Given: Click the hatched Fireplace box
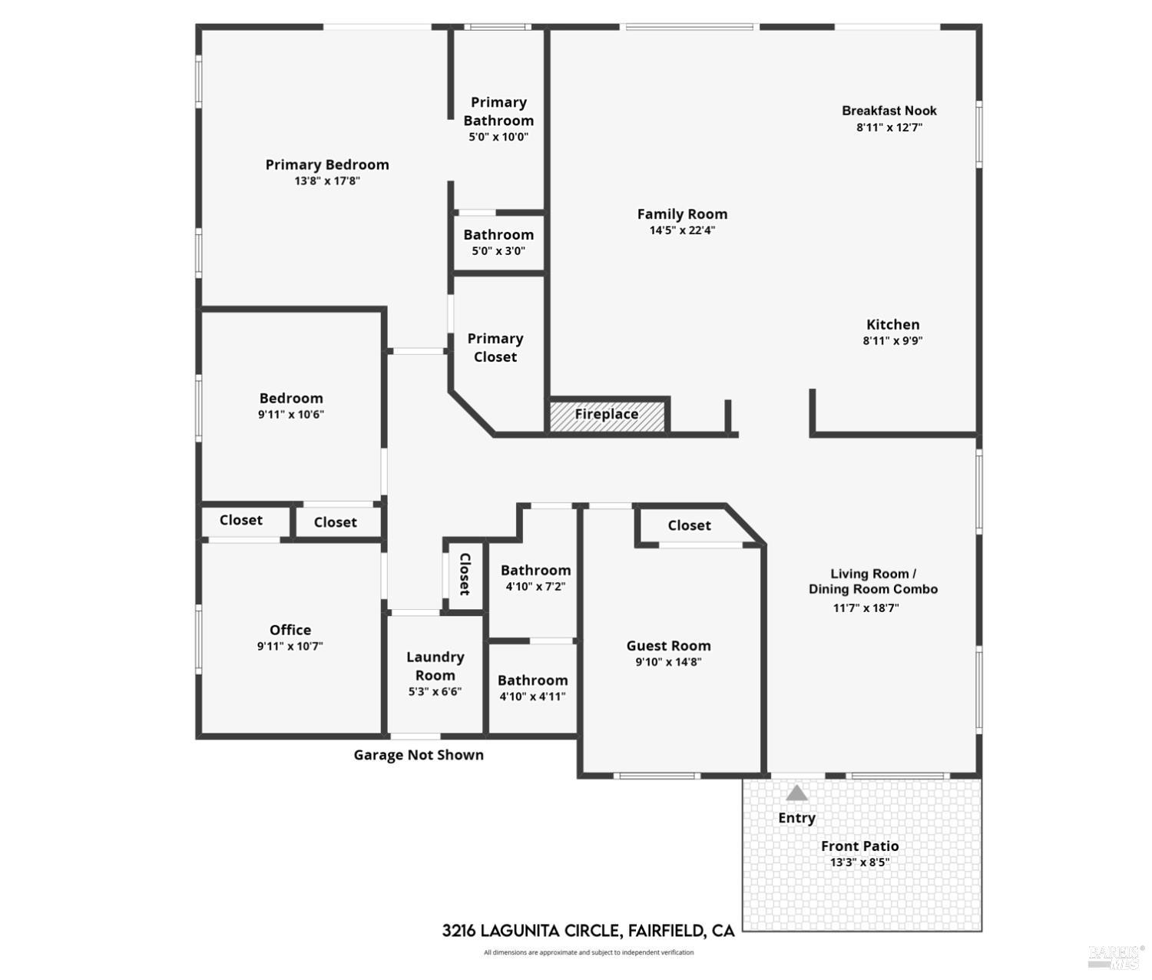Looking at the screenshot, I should (x=607, y=415).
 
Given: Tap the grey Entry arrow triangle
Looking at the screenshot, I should (x=796, y=793).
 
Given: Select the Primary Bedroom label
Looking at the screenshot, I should (x=327, y=164).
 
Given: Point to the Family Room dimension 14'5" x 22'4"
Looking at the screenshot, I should (x=682, y=230).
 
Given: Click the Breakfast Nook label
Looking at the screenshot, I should (x=889, y=111).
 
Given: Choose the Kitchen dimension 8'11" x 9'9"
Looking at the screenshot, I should (x=892, y=341).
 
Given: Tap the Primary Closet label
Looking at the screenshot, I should (x=495, y=348).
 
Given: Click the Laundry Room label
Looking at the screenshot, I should (x=435, y=666).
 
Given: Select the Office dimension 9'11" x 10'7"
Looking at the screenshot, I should (x=290, y=647).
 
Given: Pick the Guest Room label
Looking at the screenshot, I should (x=668, y=646).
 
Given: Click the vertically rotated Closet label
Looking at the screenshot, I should (x=465, y=574).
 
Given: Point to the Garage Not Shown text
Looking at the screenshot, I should (x=419, y=755).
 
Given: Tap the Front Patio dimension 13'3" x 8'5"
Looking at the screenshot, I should (x=859, y=862).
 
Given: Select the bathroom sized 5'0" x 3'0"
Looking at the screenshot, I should (x=498, y=243).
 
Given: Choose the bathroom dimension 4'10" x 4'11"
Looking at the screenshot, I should (x=532, y=697).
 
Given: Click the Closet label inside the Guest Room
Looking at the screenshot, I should (x=689, y=525).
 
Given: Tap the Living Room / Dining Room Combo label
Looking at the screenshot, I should (x=873, y=581).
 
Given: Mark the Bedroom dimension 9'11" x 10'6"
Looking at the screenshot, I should (x=291, y=415).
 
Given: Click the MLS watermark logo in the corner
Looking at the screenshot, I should (x=1114, y=957).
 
